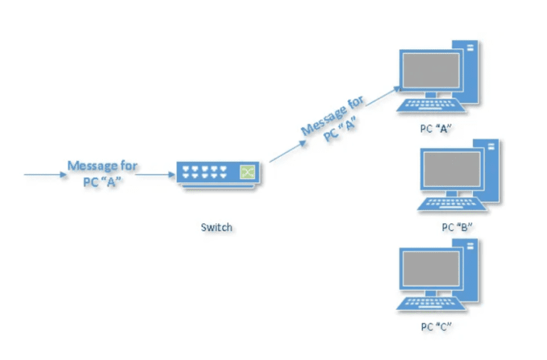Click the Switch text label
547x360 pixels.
(x=216, y=227)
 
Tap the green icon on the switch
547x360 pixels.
(x=247, y=172)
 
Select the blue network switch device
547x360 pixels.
(x=218, y=173)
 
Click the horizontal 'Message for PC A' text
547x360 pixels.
(x=102, y=173)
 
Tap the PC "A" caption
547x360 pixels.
(x=436, y=128)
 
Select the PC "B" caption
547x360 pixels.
(x=457, y=227)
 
